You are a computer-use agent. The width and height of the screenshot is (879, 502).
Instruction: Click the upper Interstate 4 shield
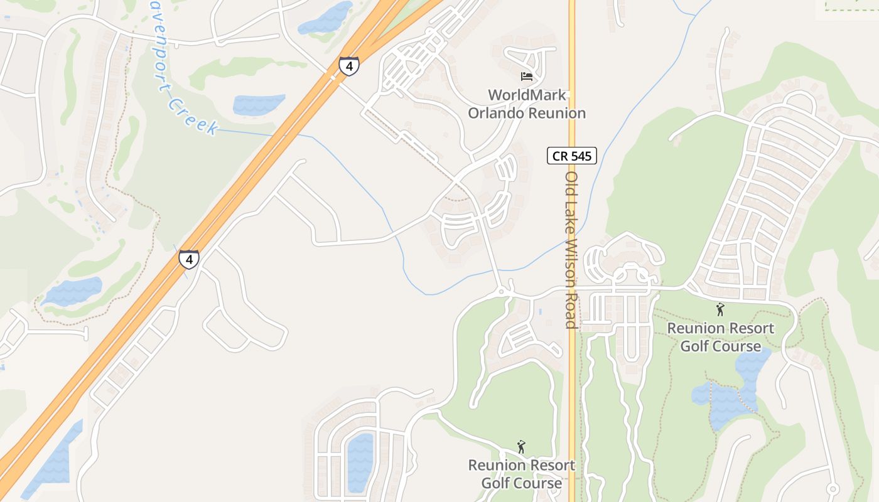coord(349,65)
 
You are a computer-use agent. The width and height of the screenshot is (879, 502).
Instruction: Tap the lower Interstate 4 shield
coord(188,259)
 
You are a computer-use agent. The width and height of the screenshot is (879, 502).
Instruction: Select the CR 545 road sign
coord(571,156)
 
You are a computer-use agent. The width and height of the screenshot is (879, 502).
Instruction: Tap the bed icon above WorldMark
coord(527,77)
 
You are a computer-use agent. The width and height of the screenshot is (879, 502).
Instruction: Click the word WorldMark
coord(527,95)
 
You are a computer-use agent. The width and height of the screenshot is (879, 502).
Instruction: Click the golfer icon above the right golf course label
coord(720,309)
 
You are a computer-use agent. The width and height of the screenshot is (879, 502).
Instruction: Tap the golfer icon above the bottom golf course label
coord(520,447)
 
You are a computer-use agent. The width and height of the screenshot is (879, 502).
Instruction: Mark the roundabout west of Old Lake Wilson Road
coord(501,292)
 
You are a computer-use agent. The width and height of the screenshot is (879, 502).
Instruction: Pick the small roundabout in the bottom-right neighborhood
coord(833,489)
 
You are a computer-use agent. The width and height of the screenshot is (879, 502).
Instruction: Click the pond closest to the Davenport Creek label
coord(259,104)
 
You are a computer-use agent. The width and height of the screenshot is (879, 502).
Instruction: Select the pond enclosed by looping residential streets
coord(360,461)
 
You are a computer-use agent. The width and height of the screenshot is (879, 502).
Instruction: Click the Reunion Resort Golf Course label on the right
coord(720,337)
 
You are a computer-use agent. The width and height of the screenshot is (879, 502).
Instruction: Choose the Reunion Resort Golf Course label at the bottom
coord(522,474)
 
